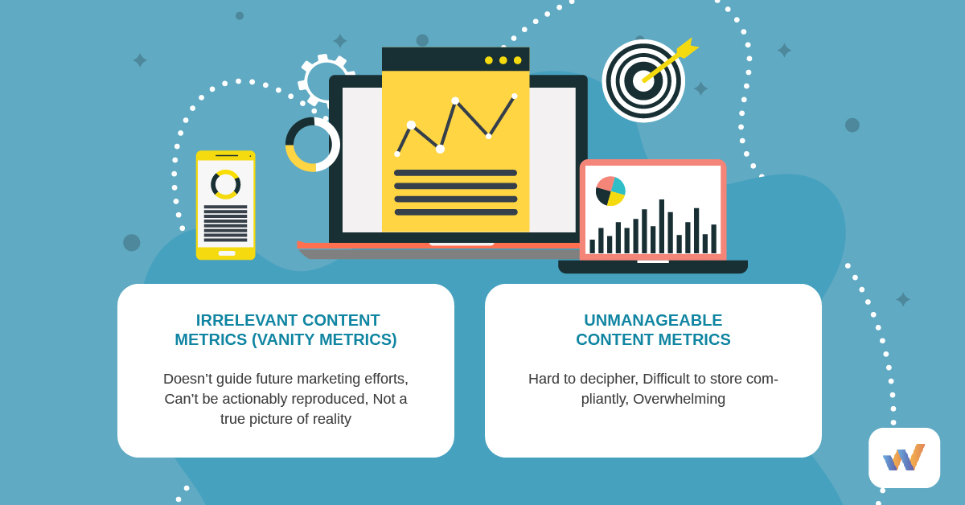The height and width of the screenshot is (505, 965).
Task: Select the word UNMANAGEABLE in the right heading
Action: pyautogui.click(x=653, y=320)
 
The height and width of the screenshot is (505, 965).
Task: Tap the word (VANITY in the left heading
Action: pyautogui.click(x=289, y=339)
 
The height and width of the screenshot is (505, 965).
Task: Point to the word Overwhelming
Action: pyautogui.click(x=679, y=399)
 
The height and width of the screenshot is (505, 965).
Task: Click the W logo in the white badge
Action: pyautogui.click(x=904, y=458)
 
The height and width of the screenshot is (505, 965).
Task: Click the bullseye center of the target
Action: pyautogui.click(x=643, y=80)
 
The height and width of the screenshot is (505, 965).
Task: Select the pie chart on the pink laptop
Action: pyautogui.click(x=610, y=191)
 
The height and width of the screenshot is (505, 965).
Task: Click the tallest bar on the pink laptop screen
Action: pyautogui.click(x=662, y=226)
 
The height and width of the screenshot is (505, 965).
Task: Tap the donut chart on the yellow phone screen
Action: pyautogui.click(x=225, y=184)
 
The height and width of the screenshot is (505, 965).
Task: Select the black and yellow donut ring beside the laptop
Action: pyautogui.click(x=312, y=145)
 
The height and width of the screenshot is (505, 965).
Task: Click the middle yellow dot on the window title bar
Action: pyautogui.click(x=503, y=60)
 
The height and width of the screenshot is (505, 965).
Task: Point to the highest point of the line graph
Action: pyautogui.click(x=514, y=96)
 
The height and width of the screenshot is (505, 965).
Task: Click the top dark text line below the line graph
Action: pyautogui.click(x=455, y=173)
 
